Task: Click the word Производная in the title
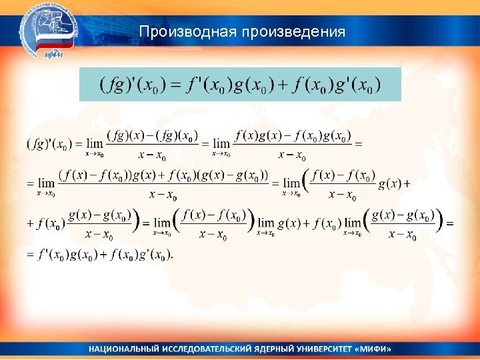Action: (x=189, y=32)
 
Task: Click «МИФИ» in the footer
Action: (x=376, y=349)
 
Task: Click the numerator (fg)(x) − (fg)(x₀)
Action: (x=152, y=136)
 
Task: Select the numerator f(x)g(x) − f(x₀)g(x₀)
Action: (x=293, y=136)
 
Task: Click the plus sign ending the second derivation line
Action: (x=406, y=183)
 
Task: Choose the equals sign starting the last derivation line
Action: (x=29, y=255)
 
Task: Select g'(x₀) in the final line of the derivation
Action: (x=153, y=255)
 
